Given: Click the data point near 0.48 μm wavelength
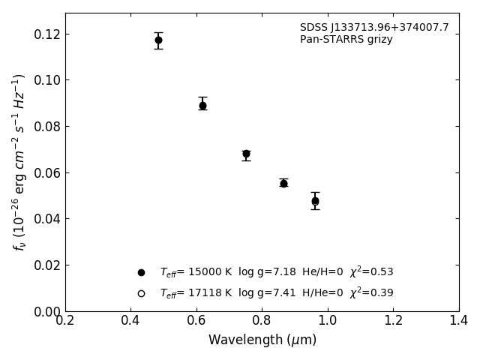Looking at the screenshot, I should [158, 40].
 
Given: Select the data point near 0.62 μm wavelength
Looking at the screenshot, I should [202, 106].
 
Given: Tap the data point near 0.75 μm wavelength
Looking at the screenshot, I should [246, 154].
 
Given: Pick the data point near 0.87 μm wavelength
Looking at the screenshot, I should [283, 183].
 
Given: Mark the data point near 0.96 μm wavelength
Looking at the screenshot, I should [315, 201].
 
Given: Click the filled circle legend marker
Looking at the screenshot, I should [141, 272].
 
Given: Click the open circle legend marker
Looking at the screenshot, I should [141, 293].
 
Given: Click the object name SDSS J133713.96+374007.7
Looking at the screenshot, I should [374, 28].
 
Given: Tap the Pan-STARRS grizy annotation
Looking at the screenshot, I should [346, 40].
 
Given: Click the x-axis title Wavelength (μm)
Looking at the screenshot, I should [262, 340].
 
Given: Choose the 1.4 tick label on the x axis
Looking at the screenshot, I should [458, 321].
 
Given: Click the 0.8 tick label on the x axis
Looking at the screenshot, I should [262, 321].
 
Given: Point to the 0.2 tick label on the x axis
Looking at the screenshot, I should [65, 321].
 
